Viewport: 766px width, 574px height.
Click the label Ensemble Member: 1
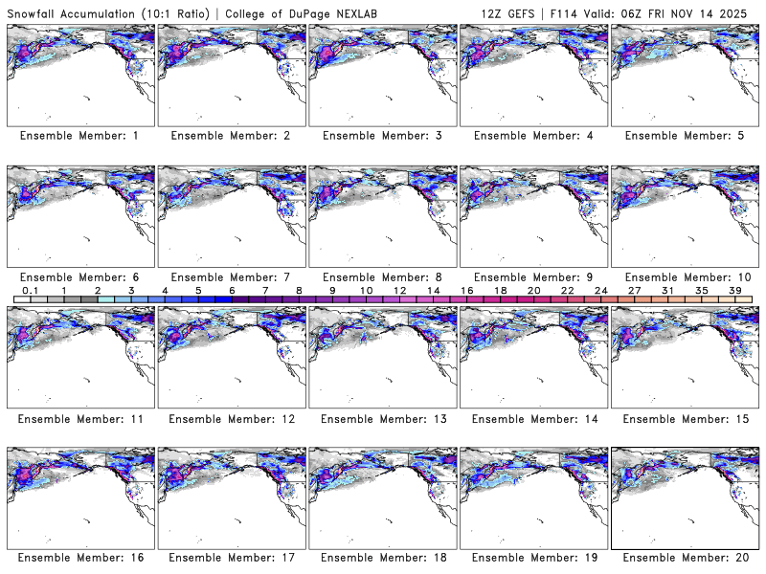click(x=79, y=136)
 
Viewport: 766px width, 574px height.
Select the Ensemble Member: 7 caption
click(x=230, y=276)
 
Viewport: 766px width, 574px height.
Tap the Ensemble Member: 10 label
click(x=685, y=276)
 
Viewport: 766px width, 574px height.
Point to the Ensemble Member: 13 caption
click(x=381, y=418)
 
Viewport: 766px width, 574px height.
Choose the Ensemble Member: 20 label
click(x=685, y=558)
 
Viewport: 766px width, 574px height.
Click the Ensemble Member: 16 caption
click(x=79, y=558)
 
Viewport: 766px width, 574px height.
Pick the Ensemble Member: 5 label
click(x=685, y=136)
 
